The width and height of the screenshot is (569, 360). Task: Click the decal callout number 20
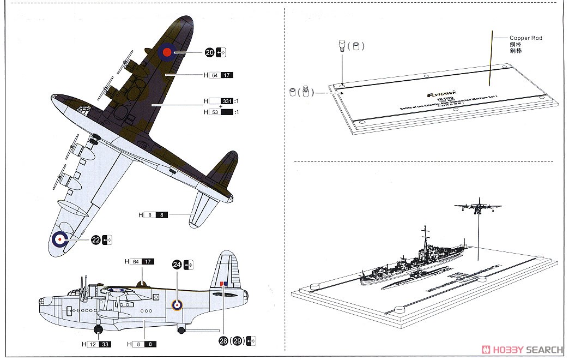[210, 52]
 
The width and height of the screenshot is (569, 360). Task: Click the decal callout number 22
[96, 239]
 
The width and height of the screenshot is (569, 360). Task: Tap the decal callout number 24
[177, 265]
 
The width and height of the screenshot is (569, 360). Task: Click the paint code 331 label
[227, 101]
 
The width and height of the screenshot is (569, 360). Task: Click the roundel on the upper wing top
[168, 52]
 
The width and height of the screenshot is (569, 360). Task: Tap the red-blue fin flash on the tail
[223, 284]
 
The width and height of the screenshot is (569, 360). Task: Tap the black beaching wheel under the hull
[99, 329]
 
